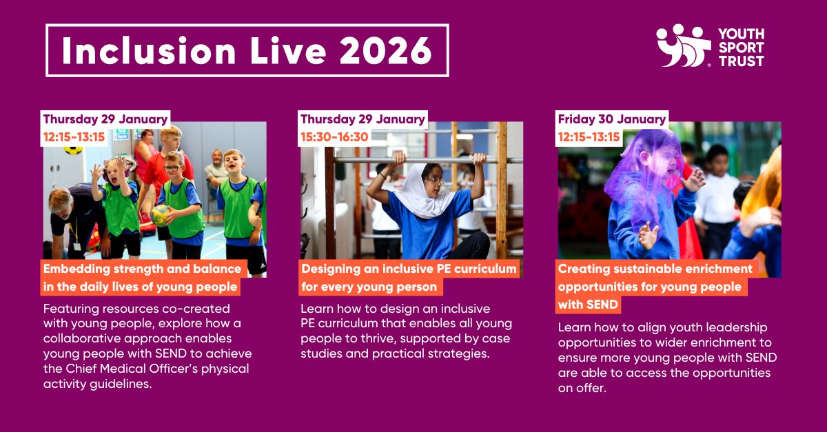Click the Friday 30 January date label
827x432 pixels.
click(x=612, y=119)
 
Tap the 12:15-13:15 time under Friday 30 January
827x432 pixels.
click(x=590, y=137)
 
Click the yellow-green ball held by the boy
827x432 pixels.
click(x=161, y=214)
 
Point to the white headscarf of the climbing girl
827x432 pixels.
click(x=420, y=196)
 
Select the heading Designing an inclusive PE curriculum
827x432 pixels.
click(x=409, y=268)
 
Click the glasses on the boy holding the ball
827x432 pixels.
click(x=172, y=167)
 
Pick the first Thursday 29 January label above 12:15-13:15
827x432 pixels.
click(x=105, y=119)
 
